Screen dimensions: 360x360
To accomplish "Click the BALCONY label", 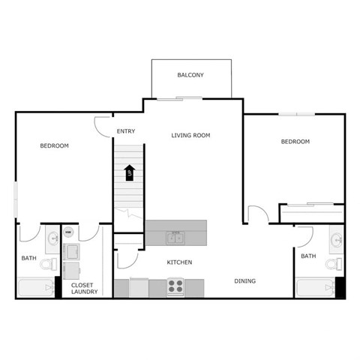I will tap(190, 75).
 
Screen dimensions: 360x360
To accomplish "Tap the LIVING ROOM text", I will tap(190, 136).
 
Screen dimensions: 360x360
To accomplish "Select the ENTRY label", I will tap(126, 133).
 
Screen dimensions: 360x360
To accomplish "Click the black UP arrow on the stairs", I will tap(129, 173).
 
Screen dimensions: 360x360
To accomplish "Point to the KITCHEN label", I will tap(179, 262).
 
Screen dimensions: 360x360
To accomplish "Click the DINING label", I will tap(244, 281).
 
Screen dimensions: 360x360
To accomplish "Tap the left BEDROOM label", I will tap(54, 145).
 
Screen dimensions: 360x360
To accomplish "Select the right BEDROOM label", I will tap(295, 142).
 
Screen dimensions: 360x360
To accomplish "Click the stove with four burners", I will tap(175, 286).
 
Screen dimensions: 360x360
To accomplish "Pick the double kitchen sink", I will tap(176, 239).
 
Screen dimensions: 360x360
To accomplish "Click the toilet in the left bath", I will tap(48, 263).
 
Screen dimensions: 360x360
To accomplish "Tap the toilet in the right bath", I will tap(337, 263).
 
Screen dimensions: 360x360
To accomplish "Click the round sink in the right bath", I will tap(337, 240).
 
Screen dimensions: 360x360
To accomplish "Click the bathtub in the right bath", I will tap(315, 288).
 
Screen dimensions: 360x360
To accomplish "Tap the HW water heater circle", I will tap(68, 233).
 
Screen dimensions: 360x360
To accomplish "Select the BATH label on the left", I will tap(28, 259).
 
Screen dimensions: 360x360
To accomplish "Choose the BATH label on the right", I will tap(308, 256).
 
